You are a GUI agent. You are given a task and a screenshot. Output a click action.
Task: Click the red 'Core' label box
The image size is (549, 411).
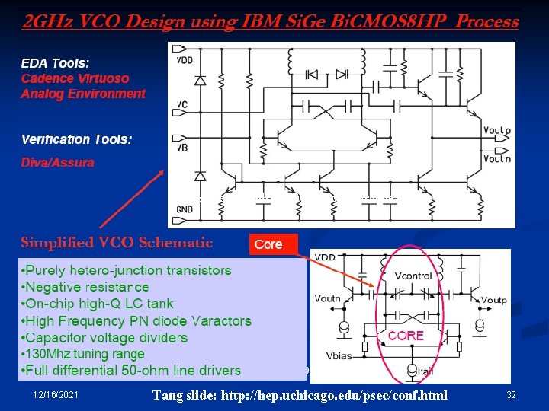pos(269,244)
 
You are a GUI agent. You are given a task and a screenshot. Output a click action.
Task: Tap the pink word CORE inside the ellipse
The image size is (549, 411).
pos(406,335)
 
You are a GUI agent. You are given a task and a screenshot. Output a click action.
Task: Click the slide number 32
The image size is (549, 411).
pos(511,394)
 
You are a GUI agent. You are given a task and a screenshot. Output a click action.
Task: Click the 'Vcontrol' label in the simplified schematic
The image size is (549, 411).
pos(413,276)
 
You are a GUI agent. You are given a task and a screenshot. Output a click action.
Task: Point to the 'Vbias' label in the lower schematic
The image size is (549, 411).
pos(339,355)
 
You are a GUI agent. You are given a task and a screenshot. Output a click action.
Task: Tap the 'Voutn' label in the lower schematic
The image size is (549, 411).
pos(327,299)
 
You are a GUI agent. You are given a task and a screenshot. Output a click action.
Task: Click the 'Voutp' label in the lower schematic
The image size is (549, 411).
pos(493,300)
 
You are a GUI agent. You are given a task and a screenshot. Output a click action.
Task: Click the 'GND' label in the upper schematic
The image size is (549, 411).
pos(185,208)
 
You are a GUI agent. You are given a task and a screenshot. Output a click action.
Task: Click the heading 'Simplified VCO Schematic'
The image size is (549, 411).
pos(117,243)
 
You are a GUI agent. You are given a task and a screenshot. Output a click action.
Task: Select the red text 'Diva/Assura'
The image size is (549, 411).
pos(57,162)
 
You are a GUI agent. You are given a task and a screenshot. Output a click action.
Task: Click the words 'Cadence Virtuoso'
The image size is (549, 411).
pos(75,78)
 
